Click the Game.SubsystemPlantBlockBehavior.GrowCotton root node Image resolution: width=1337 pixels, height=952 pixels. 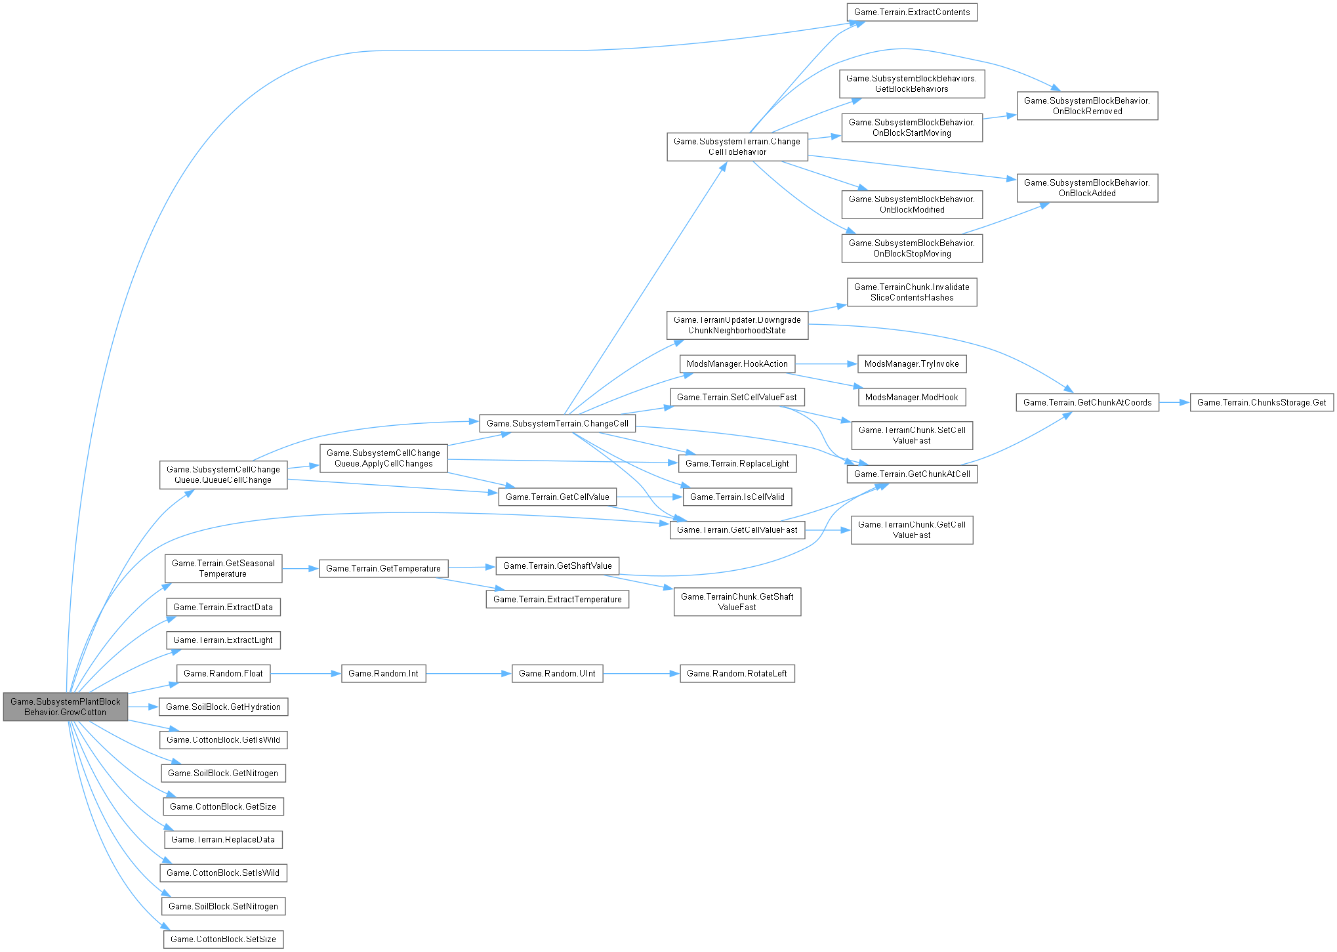(x=66, y=707)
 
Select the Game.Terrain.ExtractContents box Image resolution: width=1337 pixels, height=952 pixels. (x=911, y=12)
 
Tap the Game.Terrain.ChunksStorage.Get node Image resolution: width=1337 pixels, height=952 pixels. (x=1261, y=402)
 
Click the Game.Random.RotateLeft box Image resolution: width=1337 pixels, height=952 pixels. (x=737, y=673)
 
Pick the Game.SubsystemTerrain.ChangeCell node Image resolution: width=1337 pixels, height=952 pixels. (x=557, y=423)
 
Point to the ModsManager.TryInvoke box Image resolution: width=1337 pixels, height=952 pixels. (x=911, y=363)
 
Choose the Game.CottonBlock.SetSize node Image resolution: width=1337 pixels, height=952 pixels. (x=223, y=939)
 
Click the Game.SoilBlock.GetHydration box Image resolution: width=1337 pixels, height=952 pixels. (x=223, y=707)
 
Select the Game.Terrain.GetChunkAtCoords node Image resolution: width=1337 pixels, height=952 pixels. (x=1087, y=402)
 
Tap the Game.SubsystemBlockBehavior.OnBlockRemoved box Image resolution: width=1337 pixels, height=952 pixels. (x=1087, y=106)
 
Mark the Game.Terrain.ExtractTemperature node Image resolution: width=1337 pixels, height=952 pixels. (x=557, y=599)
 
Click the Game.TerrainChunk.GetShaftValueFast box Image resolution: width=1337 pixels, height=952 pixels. (x=737, y=602)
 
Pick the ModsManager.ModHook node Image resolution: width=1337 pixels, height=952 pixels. (x=911, y=397)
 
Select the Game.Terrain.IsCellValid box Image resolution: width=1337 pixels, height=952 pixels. (x=737, y=497)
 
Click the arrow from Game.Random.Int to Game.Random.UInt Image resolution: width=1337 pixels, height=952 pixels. (x=468, y=673)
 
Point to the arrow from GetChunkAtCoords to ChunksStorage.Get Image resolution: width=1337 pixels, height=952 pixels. (x=1174, y=402)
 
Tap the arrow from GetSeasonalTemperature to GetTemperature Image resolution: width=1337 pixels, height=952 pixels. (x=300, y=569)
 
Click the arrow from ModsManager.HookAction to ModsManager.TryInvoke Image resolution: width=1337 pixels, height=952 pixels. (x=826, y=363)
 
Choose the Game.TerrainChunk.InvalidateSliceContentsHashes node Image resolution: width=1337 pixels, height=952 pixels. (x=911, y=292)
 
